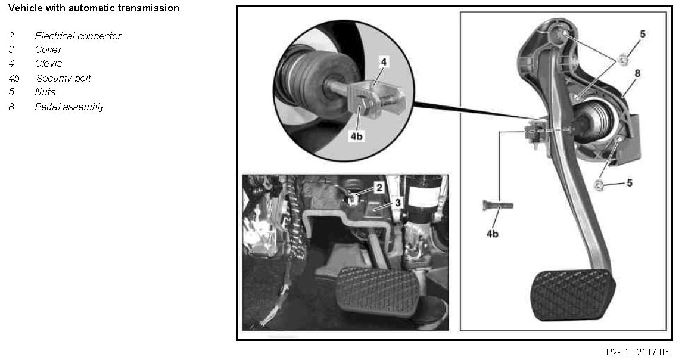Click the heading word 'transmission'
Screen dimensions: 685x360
(x=150, y=8)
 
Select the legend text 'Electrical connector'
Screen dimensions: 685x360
(x=78, y=36)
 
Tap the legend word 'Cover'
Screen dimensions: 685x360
(x=48, y=49)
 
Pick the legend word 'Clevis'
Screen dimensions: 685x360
(x=48, y=63)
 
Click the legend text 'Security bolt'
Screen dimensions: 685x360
(x=63, y=78)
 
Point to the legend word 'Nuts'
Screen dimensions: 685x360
(x=45, y=92)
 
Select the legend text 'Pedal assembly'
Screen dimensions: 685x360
(x=70, y=107)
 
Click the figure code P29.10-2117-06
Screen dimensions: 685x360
(x=637, y=352)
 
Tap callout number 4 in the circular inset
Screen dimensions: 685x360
(x=384, y=62)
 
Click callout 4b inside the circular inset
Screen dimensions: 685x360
(x=356, y=136)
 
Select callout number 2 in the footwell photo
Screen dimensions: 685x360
(x=379, y=187)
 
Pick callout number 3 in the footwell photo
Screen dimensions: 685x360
(x=397, y=202)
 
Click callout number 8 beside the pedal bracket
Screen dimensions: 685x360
(x=637, y=73)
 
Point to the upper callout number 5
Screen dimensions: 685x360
(x=643, y=33)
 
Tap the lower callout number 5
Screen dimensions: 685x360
(x=630, y=182)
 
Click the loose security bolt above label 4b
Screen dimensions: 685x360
(x=497, y=204)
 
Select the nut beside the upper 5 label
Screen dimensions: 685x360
(x=623, y=59)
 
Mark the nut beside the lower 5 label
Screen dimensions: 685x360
(x=599, y=184)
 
